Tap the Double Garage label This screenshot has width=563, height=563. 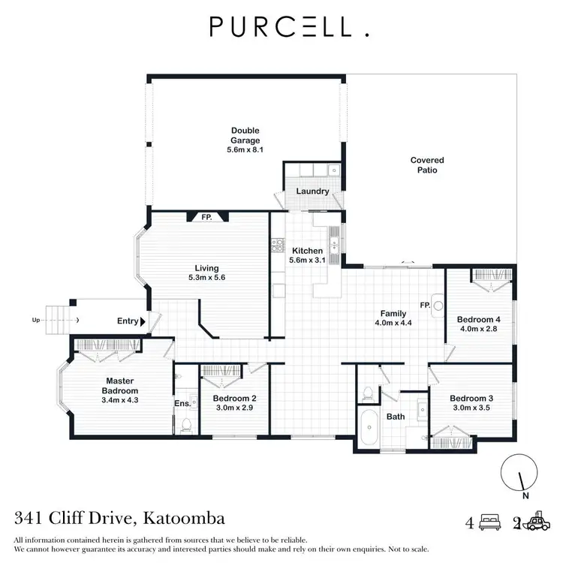245,135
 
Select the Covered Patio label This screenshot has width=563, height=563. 427,164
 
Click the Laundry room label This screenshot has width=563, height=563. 312,191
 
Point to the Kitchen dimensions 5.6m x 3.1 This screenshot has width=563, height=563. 307,260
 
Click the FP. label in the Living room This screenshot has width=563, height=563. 206,217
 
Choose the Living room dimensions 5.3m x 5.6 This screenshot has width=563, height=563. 206,277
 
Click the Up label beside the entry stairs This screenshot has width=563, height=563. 35,321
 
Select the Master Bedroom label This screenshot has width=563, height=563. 121,386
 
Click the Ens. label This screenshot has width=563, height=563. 182,403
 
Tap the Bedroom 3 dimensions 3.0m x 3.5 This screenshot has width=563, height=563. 471,408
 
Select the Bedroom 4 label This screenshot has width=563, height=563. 478,319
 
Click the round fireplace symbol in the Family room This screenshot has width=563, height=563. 439,306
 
